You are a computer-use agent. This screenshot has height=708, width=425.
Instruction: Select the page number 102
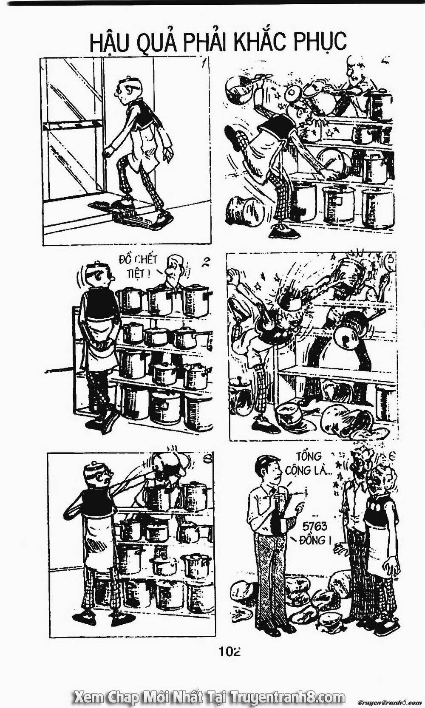click(x=229, y=650)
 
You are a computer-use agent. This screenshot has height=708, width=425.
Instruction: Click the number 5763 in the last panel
click(x=314, y=527)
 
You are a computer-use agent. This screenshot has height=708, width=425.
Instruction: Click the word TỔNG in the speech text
click(x=309, y=456)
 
